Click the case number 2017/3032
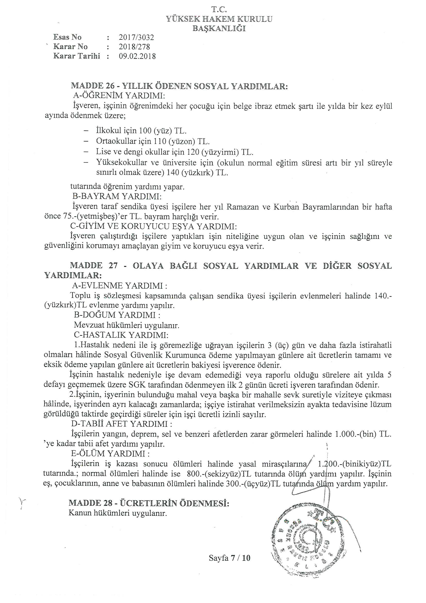coord(136,38)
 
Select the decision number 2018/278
coord(134,47)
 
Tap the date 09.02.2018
coord(137,56)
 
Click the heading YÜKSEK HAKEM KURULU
coord(219,19)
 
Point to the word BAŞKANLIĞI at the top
coord(219,28)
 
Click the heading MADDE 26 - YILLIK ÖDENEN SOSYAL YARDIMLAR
coord(179,86)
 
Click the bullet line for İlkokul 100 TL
coord(141,131)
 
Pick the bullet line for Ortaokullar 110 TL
coord(153,141)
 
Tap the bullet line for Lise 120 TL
coord(174,152)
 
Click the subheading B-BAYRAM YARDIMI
coord(117,197)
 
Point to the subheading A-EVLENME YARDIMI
coord(120,286)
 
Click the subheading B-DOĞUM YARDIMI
coord(117,315)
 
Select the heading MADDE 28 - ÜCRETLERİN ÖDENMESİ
coord(149,503)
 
